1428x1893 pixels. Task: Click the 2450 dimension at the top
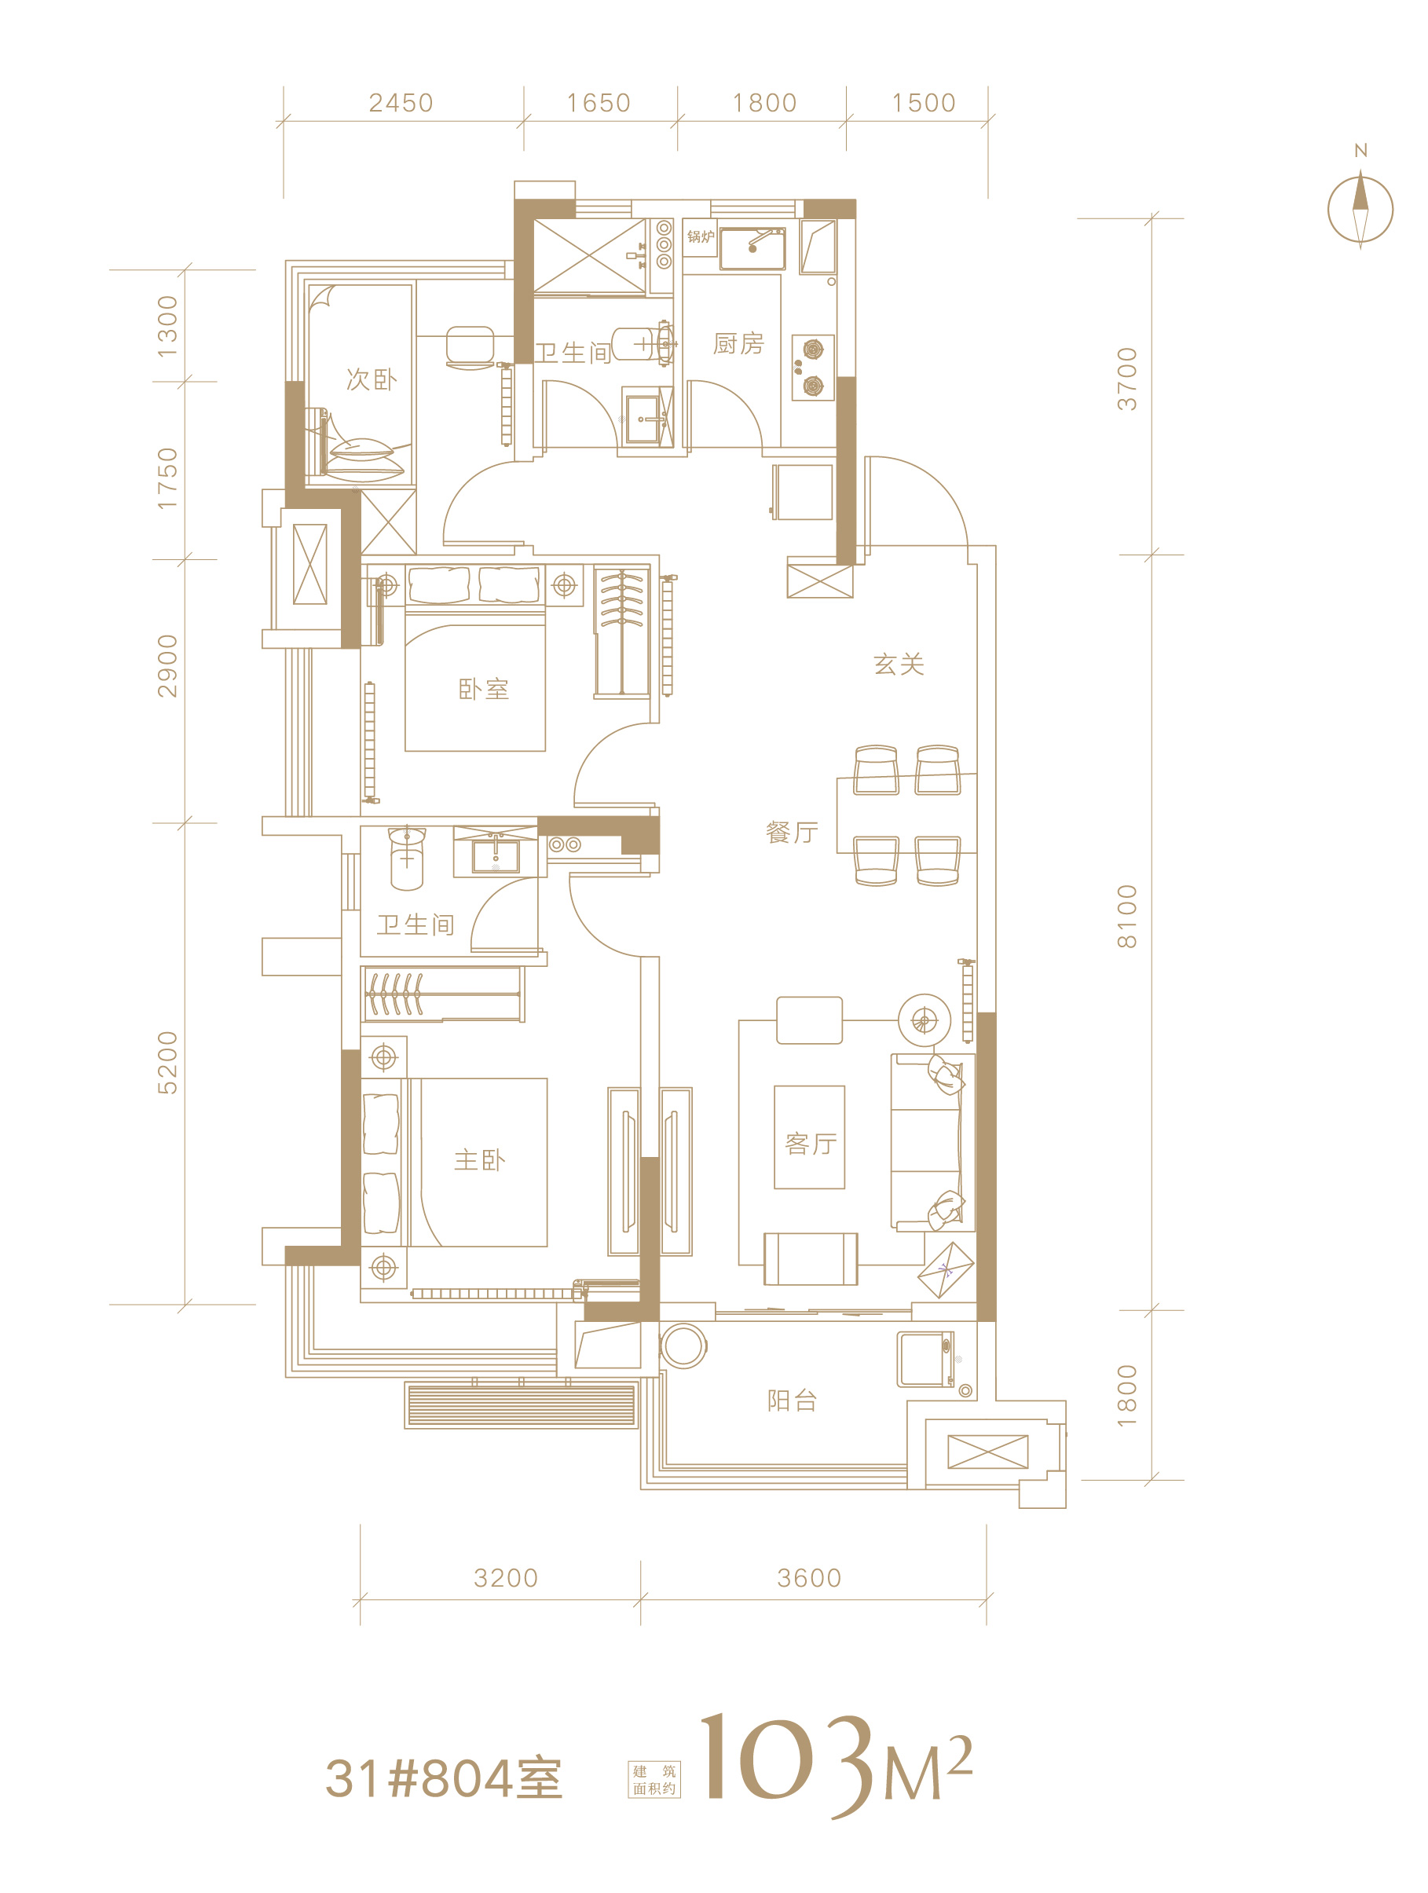[x=401, y=103]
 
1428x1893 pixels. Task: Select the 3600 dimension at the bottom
[x=808, y=1577]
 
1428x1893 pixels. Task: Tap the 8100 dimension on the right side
[x=1127, y=916]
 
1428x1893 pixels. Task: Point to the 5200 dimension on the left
[x=167, y=1062]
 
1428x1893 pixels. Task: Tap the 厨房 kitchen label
[x=738, y=343]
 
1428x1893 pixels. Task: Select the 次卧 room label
[x=372, y=379]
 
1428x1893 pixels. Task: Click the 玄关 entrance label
[x=899, y=664]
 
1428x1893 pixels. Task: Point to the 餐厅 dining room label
[x=793, y=832]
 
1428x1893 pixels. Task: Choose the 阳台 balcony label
[x=793, y=1400]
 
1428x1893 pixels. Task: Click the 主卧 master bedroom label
[x=479, y=1159]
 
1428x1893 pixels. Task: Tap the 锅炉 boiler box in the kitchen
[x=700, y=237]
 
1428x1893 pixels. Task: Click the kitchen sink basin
[x=752, y=248]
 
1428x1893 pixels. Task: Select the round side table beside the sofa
[x=923, y=1020]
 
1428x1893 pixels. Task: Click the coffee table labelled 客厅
[x=809, y=1137]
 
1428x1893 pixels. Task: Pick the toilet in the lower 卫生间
[x=406, y=858]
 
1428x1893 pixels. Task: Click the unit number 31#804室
[x=444, y=1779]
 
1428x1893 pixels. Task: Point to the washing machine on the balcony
[x=926, y=1359]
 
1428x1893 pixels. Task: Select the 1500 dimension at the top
[x=923, y=103]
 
